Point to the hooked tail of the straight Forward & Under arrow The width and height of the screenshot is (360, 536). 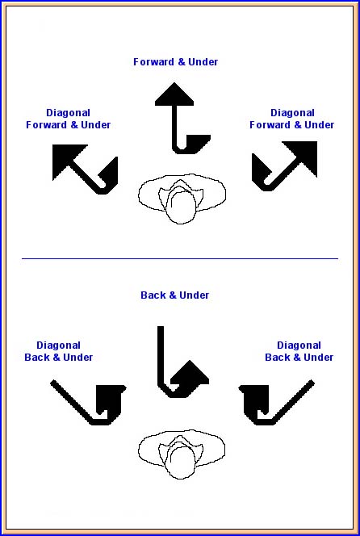pos(190,144)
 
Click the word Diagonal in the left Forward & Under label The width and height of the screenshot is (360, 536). pos(68,113)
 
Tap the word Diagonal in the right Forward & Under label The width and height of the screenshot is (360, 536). pos(292,113)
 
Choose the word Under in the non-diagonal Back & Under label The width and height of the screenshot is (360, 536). pos(194,295)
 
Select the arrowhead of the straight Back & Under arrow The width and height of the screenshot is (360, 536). pos(189,373)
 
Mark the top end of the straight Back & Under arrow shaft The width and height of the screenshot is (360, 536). pos(161,327)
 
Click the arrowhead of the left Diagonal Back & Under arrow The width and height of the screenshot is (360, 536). pos(110,398)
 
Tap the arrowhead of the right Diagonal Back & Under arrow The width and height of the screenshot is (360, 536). pos(255,398)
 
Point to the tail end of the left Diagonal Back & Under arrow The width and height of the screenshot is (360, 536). pos(52,382)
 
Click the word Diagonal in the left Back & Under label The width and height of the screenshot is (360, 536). pos(58,345)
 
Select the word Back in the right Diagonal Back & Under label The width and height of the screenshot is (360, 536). pos(277,358)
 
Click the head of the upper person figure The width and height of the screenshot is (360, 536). pos(181,207)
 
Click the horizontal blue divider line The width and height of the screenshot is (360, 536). pos(180,259)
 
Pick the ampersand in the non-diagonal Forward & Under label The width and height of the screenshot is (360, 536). pos(181,62)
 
